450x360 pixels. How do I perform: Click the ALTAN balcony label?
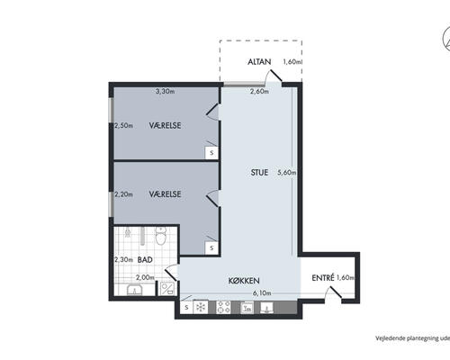259,62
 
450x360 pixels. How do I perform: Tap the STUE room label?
259,173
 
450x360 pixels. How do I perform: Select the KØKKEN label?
244,281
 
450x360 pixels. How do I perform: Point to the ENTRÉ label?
323,278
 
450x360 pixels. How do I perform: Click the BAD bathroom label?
145,260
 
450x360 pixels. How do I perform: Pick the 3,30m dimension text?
165,91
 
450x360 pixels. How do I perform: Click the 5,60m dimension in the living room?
287,173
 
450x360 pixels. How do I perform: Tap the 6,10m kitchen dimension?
262,293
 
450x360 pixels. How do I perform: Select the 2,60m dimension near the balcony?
259,91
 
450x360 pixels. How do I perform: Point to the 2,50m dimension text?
123,126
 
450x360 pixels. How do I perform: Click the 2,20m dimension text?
123,194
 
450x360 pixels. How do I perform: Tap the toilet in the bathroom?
161,236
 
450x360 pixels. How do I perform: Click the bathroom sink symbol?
135,290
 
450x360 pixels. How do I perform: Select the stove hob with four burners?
223,307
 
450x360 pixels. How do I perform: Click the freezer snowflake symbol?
200,307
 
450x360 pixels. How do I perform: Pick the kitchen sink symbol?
267,308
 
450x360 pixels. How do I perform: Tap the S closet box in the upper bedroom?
211,153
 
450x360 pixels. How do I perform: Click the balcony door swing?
274,77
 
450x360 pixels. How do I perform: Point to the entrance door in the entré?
333,293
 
